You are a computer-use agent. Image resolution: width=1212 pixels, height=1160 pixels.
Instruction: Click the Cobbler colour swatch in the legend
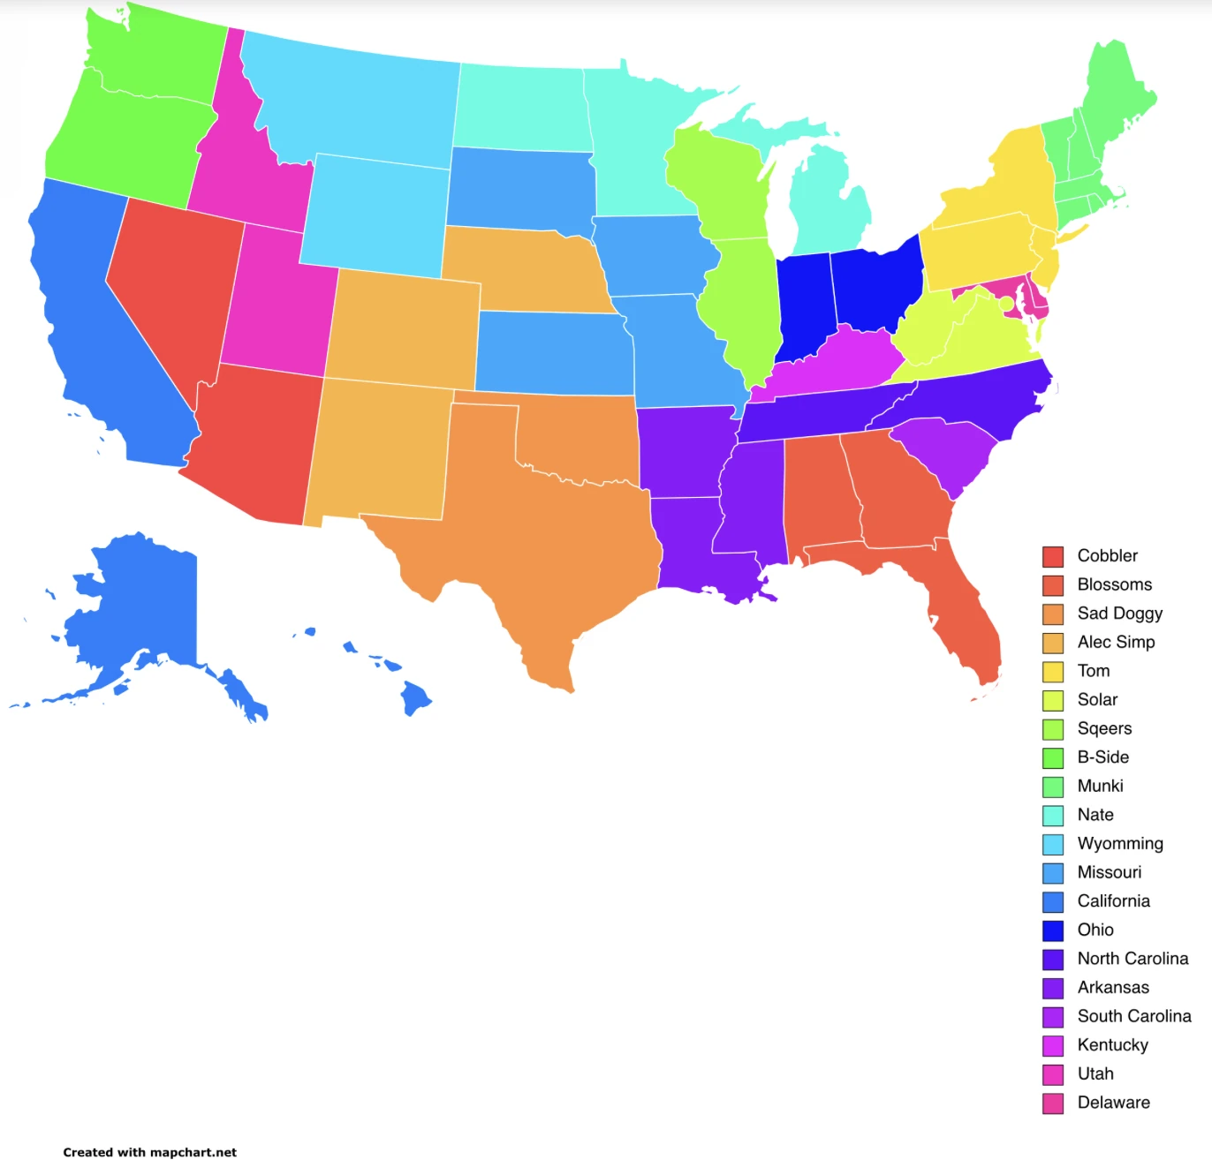pyautogui.click(x=1052, y=556)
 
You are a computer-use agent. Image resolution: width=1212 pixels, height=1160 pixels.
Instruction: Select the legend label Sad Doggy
pyautogui.click(x=1119, y=614)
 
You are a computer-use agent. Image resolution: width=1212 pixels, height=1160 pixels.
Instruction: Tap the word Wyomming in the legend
pyautogui.click(x=1119, y=844)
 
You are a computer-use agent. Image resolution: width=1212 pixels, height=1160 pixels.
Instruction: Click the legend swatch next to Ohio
pyautogui.click(x=1052, y=930)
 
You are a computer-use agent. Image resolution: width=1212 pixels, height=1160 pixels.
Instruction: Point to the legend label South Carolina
pyautogui.click(x=1133, y=1016)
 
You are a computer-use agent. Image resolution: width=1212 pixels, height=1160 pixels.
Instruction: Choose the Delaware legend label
pyautogui.click(x=1113, y=1103)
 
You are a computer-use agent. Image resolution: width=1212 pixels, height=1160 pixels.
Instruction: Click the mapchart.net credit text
pyautogui.click(x=149, y=1152)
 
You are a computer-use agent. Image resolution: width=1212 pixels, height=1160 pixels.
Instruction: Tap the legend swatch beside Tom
pyautogui.click(x=1052, y=672)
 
